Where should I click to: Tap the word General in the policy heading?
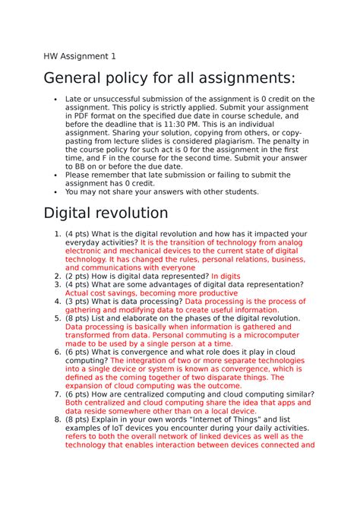80,79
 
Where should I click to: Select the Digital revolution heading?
106,212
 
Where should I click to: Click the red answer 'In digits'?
226,277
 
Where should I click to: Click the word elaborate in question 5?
145,318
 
